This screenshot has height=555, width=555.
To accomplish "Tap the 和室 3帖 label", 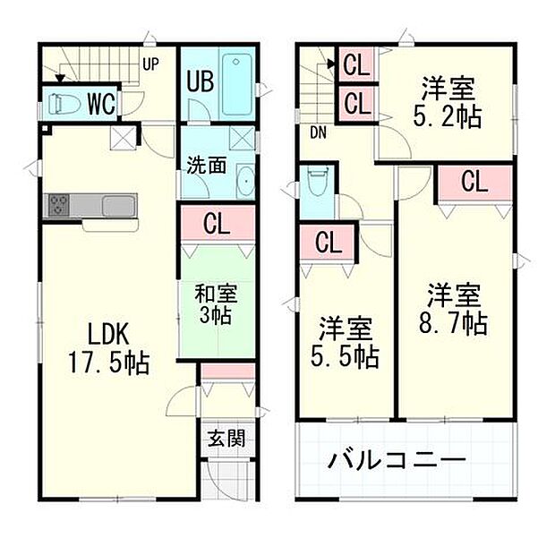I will pyautogui.click(x=215, y=303).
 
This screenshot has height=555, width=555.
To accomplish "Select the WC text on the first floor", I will pyautogui.click(x=102, y=104).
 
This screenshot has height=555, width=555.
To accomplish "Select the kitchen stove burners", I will pyautogui.click(x=58, y=205).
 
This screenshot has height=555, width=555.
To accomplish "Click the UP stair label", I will pyautogui.click(x=150, y=64).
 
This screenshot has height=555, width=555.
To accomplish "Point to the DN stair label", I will pyautogui.click(x=317, y=133).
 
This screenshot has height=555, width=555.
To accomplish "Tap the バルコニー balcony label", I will pyautogui.click(x=397, y=461).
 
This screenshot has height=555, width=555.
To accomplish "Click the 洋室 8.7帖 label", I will pyautogui.click(x=455, y=308).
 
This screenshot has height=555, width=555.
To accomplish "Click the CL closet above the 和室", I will pyautogui.click(x=216, y=222).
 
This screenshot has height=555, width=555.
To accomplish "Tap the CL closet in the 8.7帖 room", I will pyautogui.click(x=474, y=183).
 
